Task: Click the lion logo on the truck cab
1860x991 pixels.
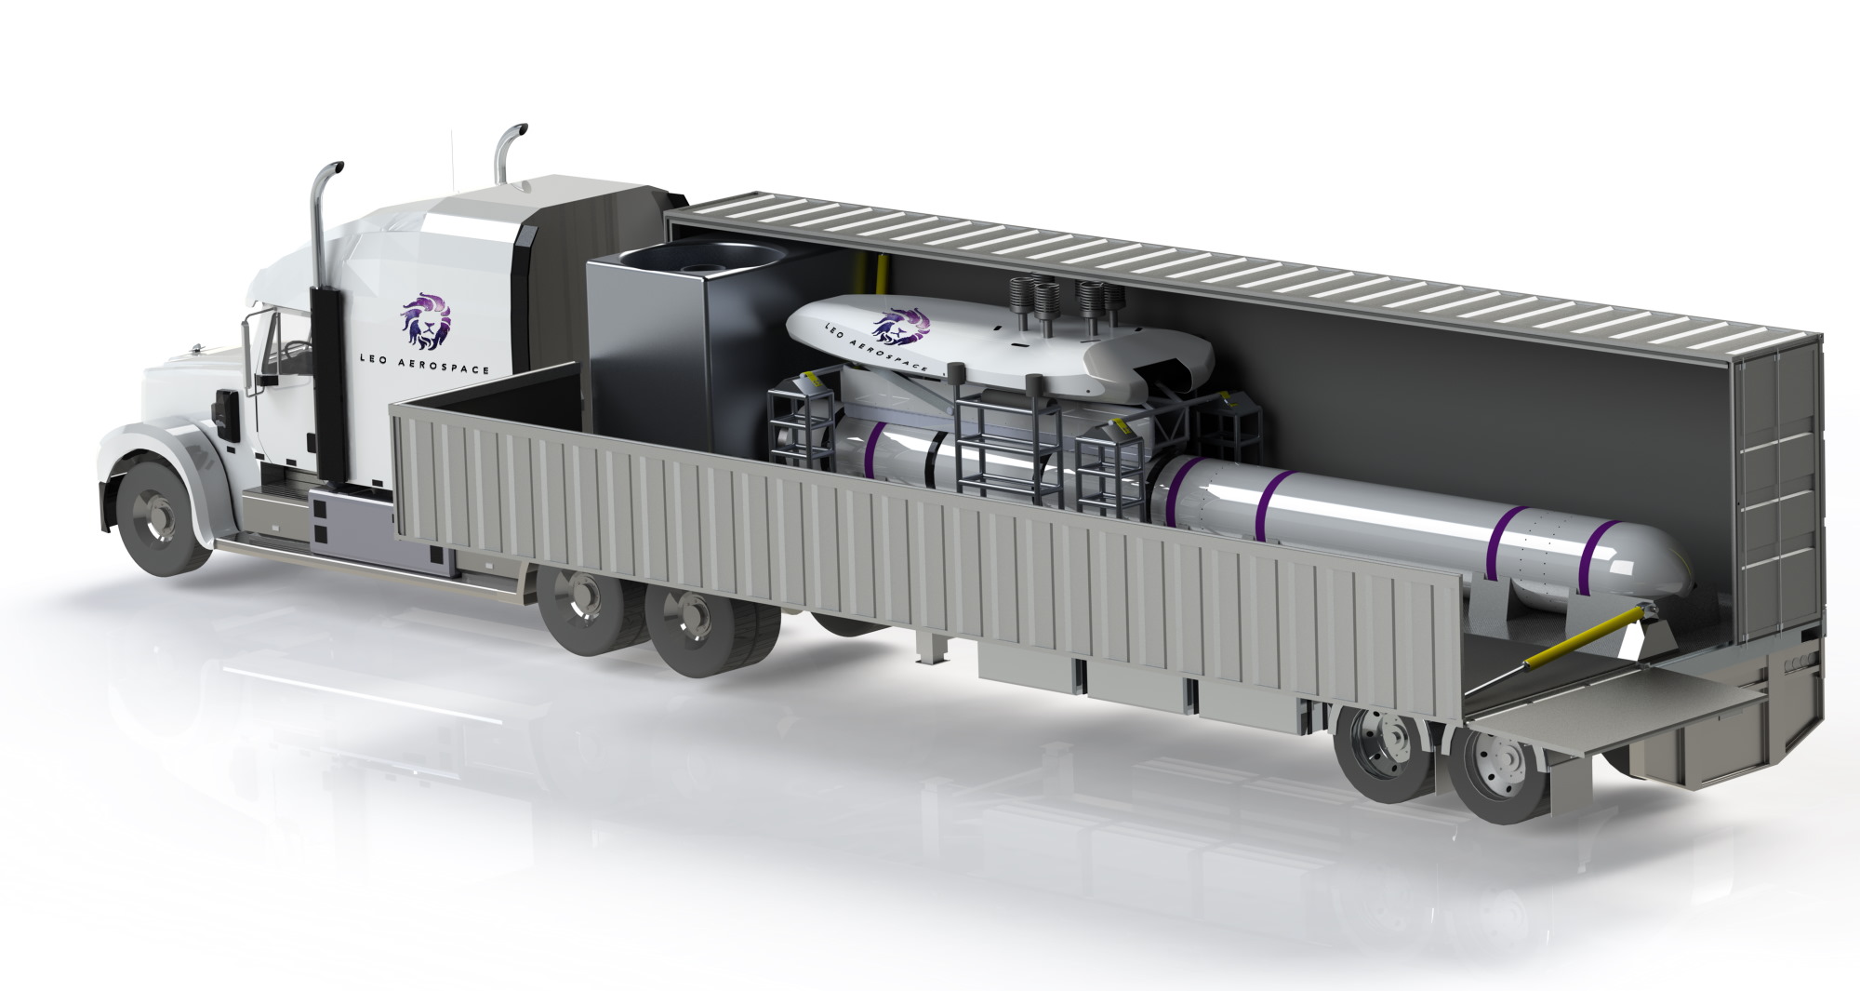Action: tap(427, 319)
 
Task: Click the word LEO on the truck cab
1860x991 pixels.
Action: tap(374, 357)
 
